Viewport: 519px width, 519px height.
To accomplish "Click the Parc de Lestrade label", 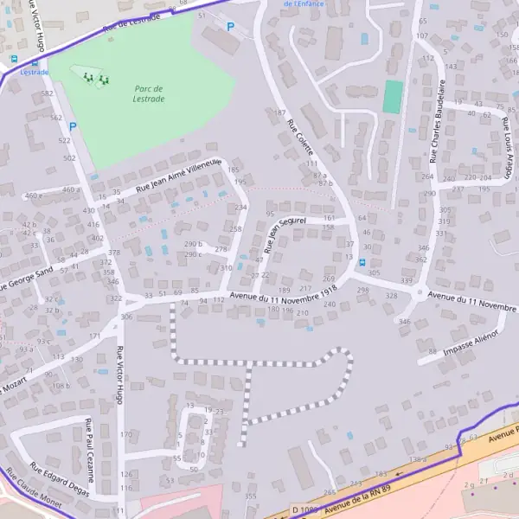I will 150,93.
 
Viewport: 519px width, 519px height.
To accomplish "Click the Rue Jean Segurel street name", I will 286,234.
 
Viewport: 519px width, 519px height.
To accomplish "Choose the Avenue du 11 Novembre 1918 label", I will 283,298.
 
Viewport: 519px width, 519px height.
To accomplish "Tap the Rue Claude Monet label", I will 33,492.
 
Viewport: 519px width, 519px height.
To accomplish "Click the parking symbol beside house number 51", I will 230,27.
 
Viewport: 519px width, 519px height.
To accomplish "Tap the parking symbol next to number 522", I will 73,126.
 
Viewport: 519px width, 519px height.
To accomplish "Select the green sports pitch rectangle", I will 394,97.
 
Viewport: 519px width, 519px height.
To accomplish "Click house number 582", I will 48,93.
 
